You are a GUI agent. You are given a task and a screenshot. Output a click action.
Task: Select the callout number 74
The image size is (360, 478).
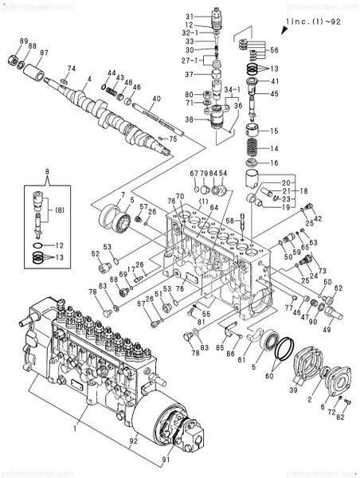(x=72, y=69)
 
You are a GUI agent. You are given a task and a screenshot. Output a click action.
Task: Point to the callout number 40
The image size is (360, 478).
(x=157, y=99)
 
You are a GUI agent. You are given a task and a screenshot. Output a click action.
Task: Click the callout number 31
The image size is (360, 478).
(x=190, y=17)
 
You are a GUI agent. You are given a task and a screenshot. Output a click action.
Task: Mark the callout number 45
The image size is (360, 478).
(x=274, y=94)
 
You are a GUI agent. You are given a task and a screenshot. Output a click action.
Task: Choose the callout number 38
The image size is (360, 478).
(x=190, y=119)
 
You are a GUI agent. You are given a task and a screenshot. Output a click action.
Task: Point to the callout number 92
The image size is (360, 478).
(x=134, y=441)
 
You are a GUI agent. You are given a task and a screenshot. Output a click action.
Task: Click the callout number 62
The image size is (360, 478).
(x=338, y=288)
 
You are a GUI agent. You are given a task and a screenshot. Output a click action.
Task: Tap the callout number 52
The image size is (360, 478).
(x=96, y=254)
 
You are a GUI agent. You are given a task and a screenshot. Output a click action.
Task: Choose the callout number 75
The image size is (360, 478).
(x=173, y=139)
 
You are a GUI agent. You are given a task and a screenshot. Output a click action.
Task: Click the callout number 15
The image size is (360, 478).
(x=273, y=131)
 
